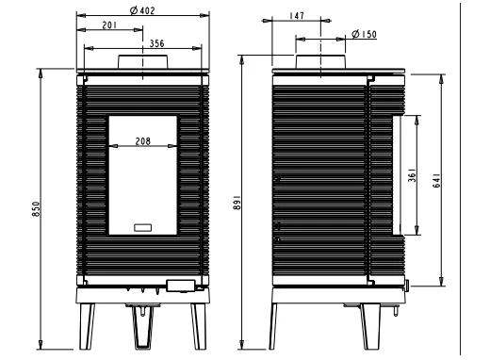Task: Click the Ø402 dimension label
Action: pyautogui.click(x=142, y=10)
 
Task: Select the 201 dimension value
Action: pyautogui.click(x=109, y=25)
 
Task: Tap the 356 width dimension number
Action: pyautogui.click(x=156, y=43)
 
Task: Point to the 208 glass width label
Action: pyautogui.click(x=143, y=141)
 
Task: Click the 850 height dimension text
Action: pyautogui.click(x=37, y=209)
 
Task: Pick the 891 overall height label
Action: pyautogui.click(x=237, y=203)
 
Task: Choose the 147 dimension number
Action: pyautogui.click(x=297, y=16)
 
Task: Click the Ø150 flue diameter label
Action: pyautogui.click(x=364, y=34)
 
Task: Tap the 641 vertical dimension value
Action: pyautogui.click(x=436, y=181)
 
